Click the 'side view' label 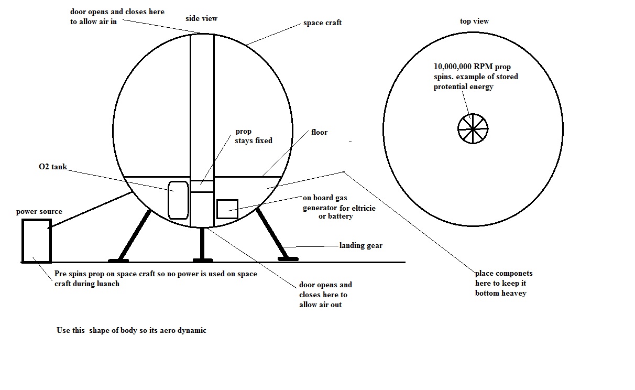201,19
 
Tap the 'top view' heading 474,21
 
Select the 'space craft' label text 322,23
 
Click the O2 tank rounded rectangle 178,200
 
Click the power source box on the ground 36,241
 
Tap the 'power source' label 39,212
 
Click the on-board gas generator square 227,209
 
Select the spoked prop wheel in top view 473,128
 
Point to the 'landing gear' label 360,245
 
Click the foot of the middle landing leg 202,259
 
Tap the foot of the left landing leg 118,259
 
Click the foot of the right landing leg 288,258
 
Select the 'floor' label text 319,132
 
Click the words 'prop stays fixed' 254,136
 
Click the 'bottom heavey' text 500,293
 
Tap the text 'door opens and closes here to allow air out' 325,295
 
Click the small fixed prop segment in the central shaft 202,186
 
